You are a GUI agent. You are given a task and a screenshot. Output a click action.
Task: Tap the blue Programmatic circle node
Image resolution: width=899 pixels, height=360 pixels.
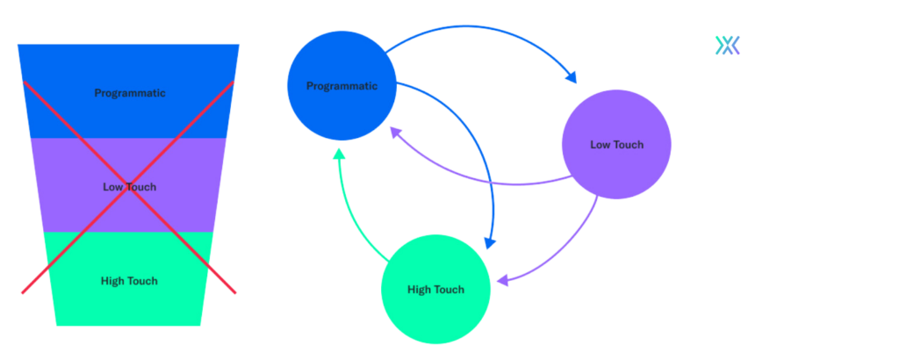[342, 86]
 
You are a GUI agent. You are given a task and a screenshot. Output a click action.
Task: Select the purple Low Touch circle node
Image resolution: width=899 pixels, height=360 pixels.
[615, 144]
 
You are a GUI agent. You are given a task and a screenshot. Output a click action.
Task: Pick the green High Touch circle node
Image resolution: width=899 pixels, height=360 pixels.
[435, 289]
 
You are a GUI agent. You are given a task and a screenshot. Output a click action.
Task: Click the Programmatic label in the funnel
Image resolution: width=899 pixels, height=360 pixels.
[130, 93]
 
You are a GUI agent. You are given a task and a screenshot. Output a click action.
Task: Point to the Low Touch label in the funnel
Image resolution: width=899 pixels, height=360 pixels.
[130, 186]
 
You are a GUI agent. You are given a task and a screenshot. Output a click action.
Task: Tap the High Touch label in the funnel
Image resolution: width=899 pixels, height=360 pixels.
[130, 281]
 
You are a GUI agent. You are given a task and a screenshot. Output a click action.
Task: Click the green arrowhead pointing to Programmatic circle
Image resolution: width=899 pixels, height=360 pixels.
[339, 155]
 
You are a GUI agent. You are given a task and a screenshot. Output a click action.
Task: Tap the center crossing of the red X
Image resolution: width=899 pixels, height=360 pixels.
[129, 187]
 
